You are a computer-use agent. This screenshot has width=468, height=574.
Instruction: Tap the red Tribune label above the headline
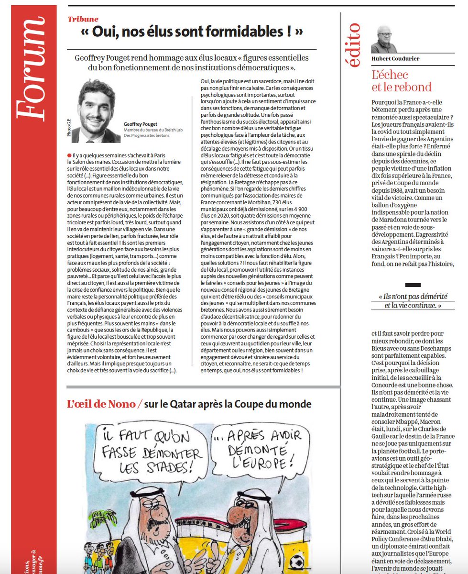83,19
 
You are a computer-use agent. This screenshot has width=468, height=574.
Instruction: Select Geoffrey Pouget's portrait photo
96,110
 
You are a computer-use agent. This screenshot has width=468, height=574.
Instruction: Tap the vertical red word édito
355,44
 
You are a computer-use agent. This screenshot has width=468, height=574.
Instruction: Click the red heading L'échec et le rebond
402,81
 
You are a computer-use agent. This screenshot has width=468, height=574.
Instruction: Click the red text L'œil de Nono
101,404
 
